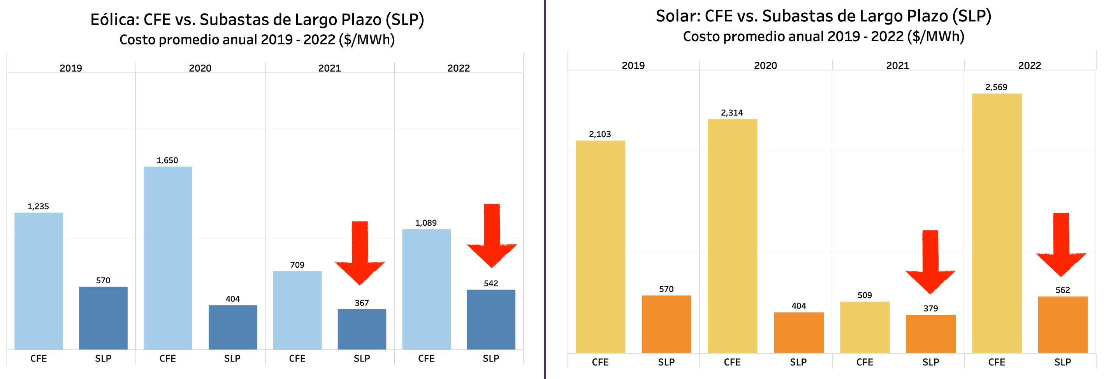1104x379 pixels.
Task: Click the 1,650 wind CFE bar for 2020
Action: click(167, 258)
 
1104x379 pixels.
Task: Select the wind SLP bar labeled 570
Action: click(103, 318)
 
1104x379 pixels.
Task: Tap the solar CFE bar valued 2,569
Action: click(997, 223)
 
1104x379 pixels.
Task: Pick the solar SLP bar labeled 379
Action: click(930, 333)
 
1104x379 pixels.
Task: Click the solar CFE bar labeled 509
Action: click(865, 327)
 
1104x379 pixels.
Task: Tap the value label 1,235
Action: click(38, 206)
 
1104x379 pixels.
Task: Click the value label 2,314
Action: click(731, 112)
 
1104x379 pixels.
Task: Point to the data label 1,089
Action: click(425, 223)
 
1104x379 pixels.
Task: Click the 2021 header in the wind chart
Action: click(329, 68)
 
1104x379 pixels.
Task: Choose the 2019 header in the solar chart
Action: click(633, 65)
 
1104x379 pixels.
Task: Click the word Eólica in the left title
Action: click(114, 20)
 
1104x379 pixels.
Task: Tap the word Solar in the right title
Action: click(678, 16)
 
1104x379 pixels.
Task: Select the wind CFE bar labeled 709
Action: click(297, 310)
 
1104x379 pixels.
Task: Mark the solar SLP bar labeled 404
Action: click(798, 332)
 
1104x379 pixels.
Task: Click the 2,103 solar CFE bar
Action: click(600, 247)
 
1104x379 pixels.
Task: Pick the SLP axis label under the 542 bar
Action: click(491, 358)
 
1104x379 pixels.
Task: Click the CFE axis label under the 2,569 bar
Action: click(997, 362)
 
